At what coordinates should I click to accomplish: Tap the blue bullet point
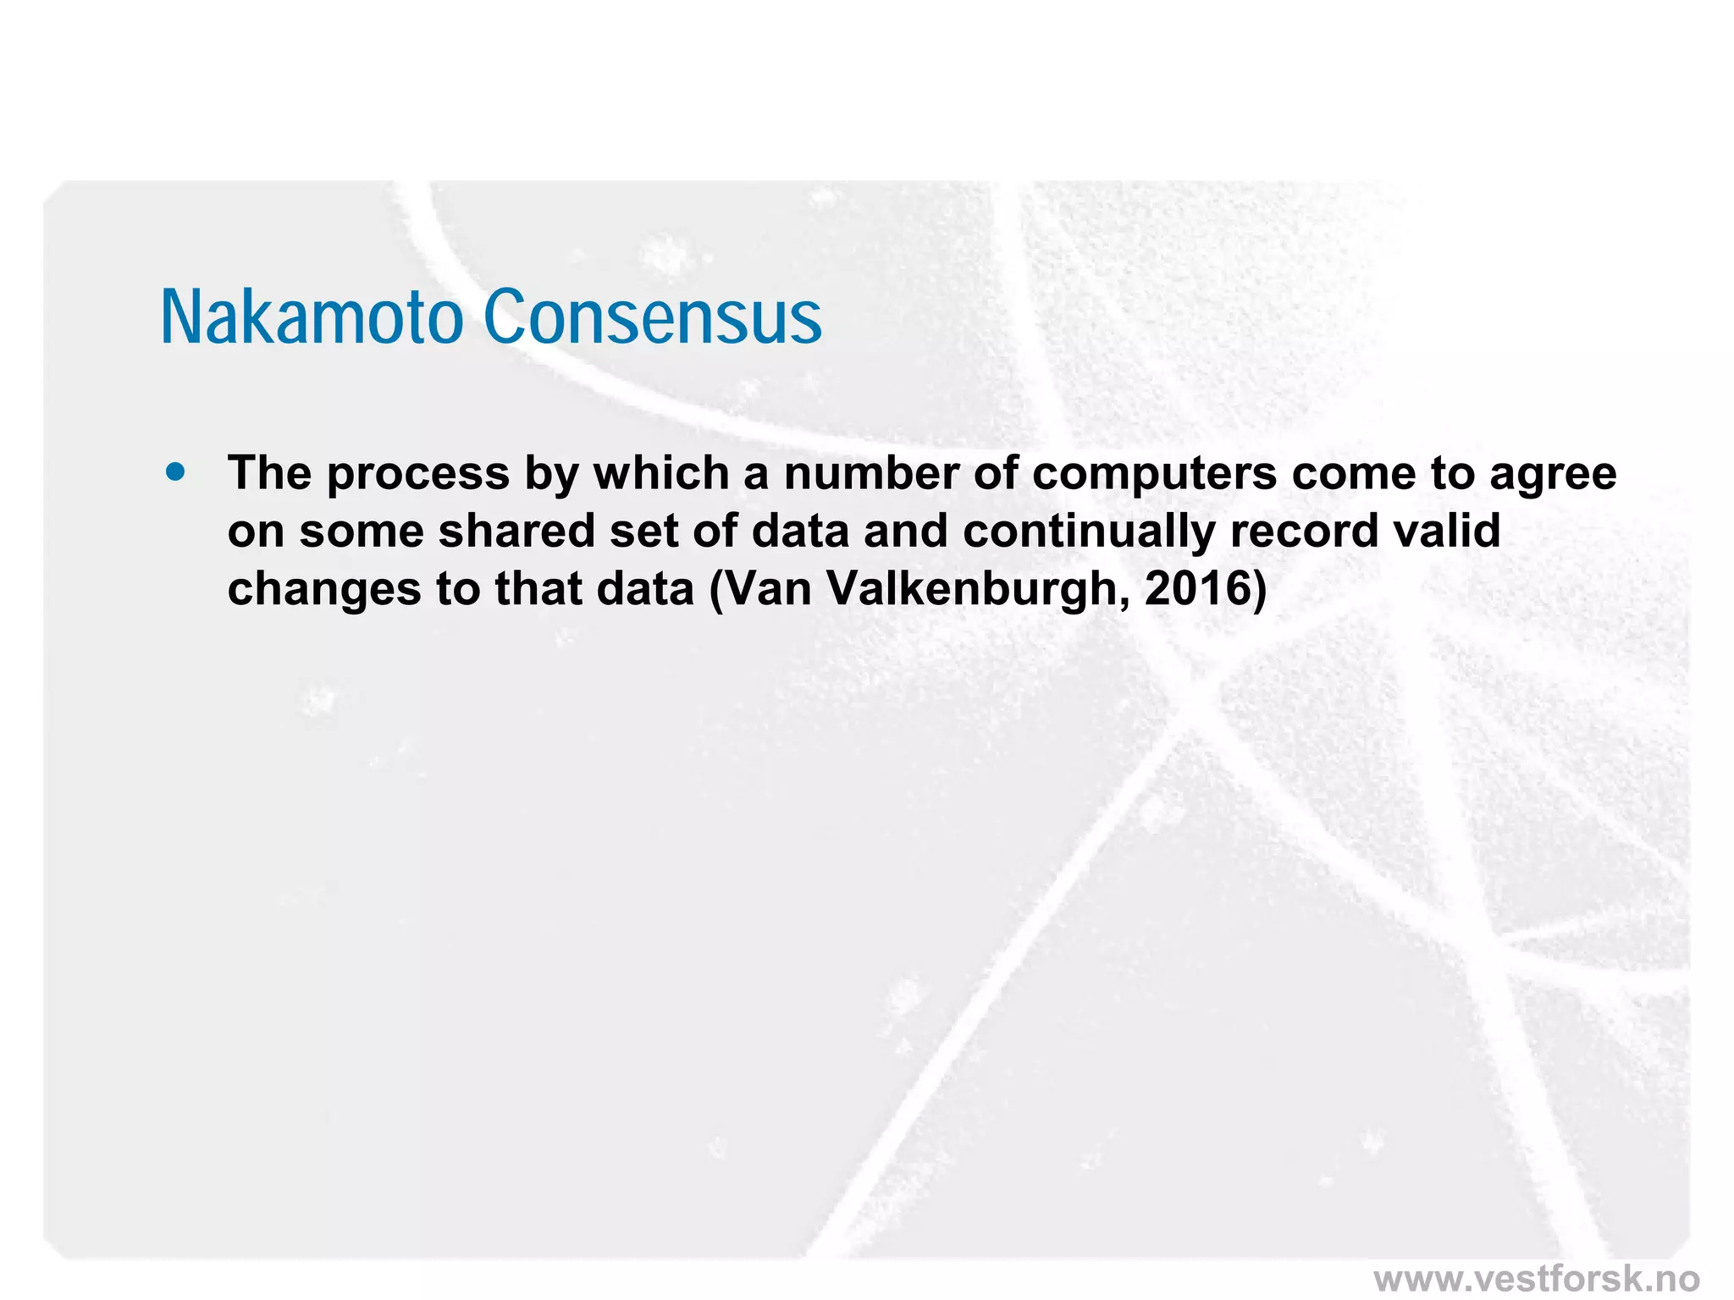[x=176, y=471]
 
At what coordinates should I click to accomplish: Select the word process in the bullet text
[x=418, y=474]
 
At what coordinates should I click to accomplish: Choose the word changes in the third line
[x=325, y=590]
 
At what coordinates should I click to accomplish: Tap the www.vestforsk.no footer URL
[x=1536, y=1278]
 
